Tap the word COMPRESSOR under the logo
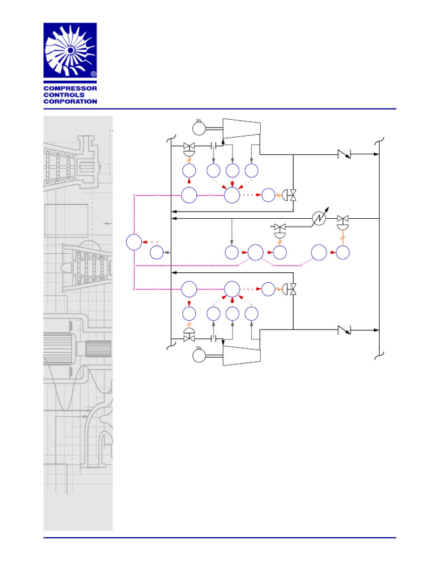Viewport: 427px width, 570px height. pos(70,89)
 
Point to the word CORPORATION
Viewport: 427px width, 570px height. pos(70,102)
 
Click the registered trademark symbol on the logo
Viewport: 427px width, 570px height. pos(93,73)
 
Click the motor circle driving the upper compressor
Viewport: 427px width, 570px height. pos(198,129)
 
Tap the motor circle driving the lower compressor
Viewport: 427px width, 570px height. pos(198,354)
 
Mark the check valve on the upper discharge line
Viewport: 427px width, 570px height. pos(345,154)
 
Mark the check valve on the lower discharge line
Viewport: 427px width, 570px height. pos(345,330)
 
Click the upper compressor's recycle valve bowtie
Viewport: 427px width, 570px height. pos(293,195)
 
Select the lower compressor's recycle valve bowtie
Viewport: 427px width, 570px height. pos(293,289)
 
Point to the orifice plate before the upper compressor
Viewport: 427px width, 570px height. pos(213,146)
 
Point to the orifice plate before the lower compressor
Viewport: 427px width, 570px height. pos(213,338)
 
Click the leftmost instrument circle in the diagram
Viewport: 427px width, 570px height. pos(134,242)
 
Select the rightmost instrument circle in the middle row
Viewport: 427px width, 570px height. pos(343,252)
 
